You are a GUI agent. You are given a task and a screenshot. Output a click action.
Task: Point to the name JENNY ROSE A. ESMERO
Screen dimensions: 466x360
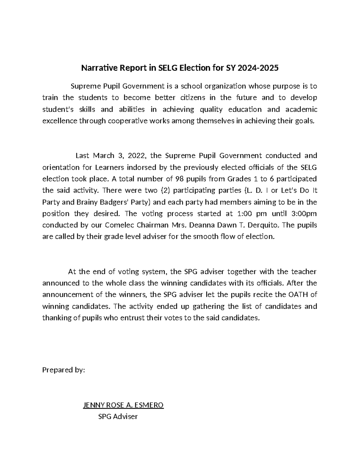pyautogui.click(x=123, y=405)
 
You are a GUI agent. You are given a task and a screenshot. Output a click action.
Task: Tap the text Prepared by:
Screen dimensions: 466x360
pyautogui.click(x=64, y=370)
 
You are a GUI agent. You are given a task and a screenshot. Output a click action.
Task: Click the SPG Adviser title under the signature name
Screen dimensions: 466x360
pyautogui.click(x=118, y=416)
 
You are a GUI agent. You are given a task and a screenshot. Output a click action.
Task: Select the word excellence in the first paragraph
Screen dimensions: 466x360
pyautogui.click(x=59, y=121)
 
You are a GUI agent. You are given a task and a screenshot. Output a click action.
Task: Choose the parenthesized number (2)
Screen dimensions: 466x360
pyautogui.click(x=165, y=191)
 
